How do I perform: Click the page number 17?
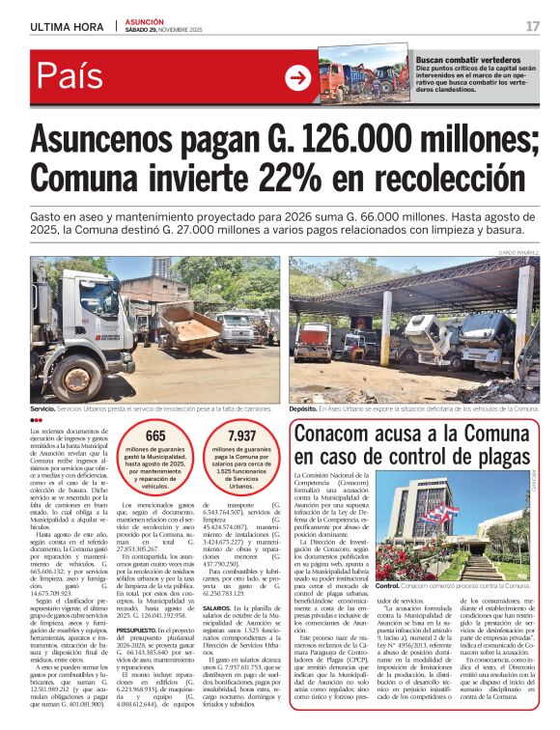coord(532,26)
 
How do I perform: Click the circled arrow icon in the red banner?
coord(297,77)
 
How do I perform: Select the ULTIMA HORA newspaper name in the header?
coord(68,26)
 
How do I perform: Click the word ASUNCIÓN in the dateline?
coord(145,21)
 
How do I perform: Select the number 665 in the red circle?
coord(155,436)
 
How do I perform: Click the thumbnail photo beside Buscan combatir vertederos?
coord(364,71)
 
